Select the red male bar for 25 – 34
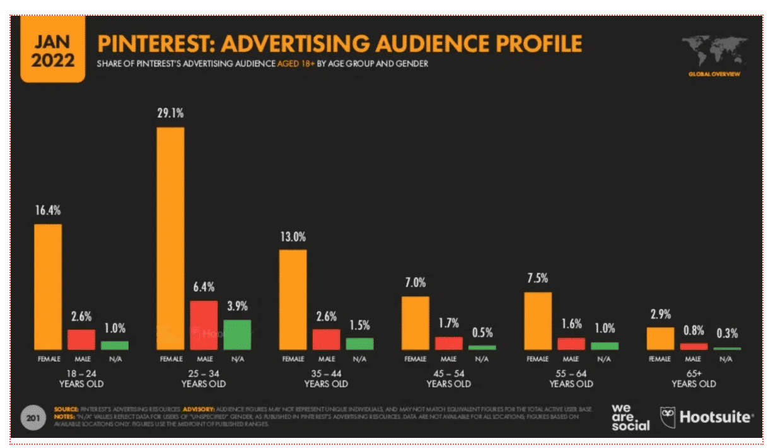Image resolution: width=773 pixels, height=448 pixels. point(204,324)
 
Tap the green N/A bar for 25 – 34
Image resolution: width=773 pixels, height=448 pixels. point(237,334)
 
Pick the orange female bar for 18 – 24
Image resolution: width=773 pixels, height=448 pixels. point(47,286)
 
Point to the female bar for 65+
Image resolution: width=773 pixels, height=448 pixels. point(660,338)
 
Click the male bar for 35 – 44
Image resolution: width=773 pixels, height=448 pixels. point(326,339)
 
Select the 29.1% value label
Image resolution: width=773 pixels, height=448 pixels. point(170,115)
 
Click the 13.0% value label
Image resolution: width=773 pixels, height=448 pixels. point(293,237)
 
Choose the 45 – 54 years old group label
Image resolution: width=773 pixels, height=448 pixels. point(448,378)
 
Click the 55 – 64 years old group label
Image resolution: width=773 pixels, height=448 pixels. point(571,378)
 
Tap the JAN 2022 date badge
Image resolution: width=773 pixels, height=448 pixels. point(53,51)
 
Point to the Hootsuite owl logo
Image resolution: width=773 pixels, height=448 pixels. point(668,416)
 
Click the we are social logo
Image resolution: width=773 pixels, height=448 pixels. point(630,417)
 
